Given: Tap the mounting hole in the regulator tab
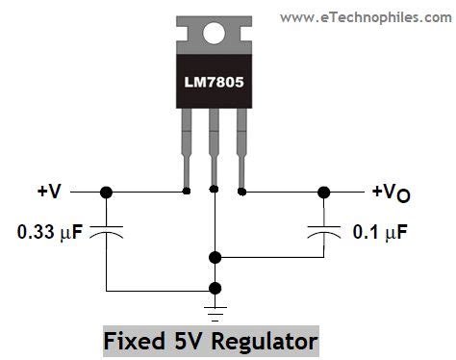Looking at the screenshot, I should coord(214,31).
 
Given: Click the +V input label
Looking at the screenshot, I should coord(50,192).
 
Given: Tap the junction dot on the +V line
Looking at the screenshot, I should coord(106,193).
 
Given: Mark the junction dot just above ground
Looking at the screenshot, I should coord(215,287).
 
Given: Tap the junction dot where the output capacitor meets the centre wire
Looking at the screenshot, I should coord(215,257).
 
